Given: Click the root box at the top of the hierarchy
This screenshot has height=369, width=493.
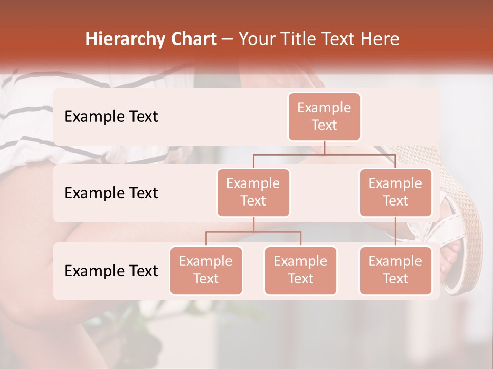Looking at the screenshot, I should pos(324,117).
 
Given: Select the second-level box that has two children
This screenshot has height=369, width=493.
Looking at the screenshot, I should pos(253,193).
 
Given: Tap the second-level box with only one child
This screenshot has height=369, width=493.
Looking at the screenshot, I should pos(395,193).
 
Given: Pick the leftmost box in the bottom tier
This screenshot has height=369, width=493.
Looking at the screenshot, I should pos(206,271).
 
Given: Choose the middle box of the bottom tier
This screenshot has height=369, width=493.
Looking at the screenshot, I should pos(300,271).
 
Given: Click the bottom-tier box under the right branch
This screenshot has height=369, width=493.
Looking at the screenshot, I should pos(395,271).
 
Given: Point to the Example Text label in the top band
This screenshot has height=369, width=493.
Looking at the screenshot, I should pos(111,117).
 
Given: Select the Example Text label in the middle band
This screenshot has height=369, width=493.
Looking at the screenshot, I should pos(111,193).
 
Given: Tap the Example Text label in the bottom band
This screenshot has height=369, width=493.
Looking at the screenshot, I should pos(111,271).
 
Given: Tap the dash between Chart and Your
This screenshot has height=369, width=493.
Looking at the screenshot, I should pos(227,40).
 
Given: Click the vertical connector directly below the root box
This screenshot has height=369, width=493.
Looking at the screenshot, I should pos(324,148).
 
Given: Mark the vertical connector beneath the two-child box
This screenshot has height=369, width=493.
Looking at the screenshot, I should pos(253,224).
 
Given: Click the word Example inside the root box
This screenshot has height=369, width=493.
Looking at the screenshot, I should pos(324,108).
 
